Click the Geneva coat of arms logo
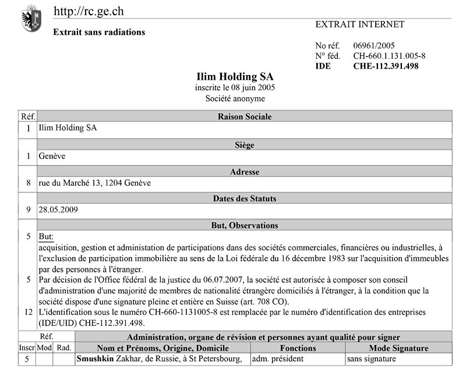pyautogui.click(x=31, y=19)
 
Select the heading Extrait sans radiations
pyautogui.click(x=99, y=32)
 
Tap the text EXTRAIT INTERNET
pyautogui.click(x=359, y=24)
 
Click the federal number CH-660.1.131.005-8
pyautogui.click(x=389, y=56)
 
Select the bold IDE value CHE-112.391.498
pyautogui.click(x=386, y=66)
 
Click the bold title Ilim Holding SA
pyautogui.click(x=235, y=77)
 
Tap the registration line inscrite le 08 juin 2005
pyautogui.click(x=235, y=88)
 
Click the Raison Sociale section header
pyautogui.click(x=244, y=116)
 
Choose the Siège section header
pyautogui.click(x=244, y=145)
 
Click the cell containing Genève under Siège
pyautogui.click(x=52, y=157)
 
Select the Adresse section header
pyautogui.click(x=244, y=172)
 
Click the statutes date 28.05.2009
pyautogui.click(x=58, y=209)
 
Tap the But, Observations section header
pyautogui.click(x=244, y=225)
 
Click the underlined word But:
pyautogui.click(x=46, y=237)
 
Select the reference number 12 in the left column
pyautogui.click(x=28, y=312)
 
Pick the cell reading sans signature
pyautogui.click(x=372, y=359)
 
